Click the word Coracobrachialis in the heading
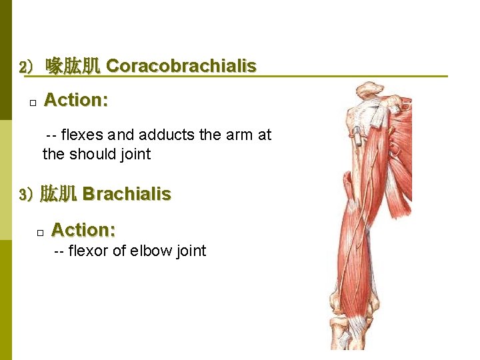point(181,66)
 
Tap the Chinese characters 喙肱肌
point(73,66)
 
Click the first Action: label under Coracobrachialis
point(76,100)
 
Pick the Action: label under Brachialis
point(83,230)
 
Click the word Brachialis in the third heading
point(127,194)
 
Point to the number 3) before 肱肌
point(27,195)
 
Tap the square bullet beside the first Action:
point(32,103)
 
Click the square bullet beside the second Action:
point(40,233)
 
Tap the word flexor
point(89,251)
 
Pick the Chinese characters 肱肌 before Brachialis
point(59,195)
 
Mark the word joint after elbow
point(189,251)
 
